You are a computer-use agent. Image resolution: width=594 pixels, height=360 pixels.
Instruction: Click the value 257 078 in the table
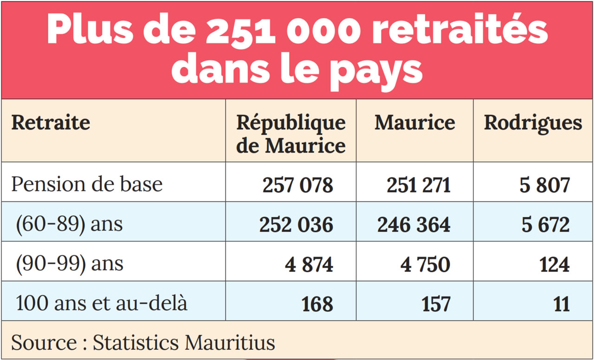click(297, 185)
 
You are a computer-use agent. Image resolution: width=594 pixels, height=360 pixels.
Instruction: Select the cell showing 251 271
click(419, 185)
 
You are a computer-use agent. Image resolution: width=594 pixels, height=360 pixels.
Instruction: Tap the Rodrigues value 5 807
click(545, 185)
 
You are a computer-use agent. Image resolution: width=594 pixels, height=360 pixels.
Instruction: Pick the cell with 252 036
click(296, 225)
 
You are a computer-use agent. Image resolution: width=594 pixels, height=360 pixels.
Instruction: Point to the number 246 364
click(413, 225)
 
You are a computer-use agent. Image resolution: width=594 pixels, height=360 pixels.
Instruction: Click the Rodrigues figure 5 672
click(545, 225)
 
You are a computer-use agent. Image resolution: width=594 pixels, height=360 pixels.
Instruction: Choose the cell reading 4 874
click(309, 264)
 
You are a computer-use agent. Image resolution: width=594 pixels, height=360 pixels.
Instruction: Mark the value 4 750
click(425, 264)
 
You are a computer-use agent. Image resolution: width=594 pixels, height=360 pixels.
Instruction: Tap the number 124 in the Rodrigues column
click(555, 264)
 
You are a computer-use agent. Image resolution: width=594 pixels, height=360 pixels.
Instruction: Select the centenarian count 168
click(317, 304)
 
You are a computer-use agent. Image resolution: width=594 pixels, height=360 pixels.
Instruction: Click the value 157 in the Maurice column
click(436, 304)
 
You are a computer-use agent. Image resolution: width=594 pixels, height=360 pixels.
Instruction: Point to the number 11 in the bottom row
click(561, 304)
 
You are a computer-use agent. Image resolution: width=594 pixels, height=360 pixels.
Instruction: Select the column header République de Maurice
click(291, 134)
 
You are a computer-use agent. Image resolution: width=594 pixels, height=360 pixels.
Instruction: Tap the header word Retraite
click(51, 123)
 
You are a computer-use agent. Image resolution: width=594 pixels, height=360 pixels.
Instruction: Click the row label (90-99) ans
click(70, 264)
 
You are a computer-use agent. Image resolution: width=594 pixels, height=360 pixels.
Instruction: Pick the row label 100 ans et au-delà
click(102, 303)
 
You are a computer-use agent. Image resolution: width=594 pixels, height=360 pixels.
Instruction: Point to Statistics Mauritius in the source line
click(184, 343)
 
